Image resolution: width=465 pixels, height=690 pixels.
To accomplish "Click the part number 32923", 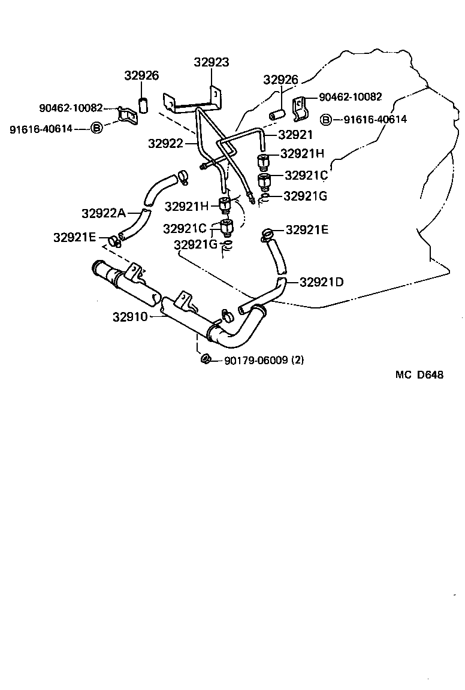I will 212,62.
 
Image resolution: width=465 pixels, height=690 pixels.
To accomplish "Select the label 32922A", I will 104,213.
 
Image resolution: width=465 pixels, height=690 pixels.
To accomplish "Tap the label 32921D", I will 321,282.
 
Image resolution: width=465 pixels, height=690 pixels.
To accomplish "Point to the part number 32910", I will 129,316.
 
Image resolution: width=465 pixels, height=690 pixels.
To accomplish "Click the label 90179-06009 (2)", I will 264,360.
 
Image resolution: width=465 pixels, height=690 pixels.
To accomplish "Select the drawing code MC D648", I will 419,375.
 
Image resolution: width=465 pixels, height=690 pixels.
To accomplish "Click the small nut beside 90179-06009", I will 205,359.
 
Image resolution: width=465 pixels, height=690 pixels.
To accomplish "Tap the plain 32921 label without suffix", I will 296,135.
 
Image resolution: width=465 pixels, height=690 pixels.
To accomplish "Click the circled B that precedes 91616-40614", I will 96,128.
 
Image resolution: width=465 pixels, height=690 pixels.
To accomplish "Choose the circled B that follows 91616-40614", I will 325,120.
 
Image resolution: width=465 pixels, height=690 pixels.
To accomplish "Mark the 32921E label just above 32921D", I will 307,229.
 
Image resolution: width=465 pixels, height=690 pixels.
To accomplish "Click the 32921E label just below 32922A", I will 74,237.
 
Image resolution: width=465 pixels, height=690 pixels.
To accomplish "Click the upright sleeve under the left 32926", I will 143,105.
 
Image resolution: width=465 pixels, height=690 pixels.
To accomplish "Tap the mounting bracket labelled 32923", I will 192,102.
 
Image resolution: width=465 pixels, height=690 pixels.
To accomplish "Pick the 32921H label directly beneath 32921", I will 303,154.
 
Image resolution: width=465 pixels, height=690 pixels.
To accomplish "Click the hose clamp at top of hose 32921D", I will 268,234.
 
